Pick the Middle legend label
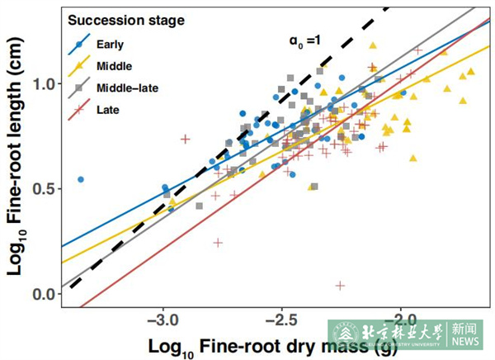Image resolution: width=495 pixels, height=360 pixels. (113, 64)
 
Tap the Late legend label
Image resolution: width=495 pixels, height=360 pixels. (106, 107)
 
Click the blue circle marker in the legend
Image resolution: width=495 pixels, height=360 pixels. (79, 43)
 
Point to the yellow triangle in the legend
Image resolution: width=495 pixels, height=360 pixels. (79, 64)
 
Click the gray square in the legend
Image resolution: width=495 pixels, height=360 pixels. (79, 86)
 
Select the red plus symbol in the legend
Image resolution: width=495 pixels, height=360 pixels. (79, 107)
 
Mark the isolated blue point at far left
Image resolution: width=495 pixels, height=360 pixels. (81, 179)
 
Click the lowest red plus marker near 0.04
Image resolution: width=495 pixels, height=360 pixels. (340, 285)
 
